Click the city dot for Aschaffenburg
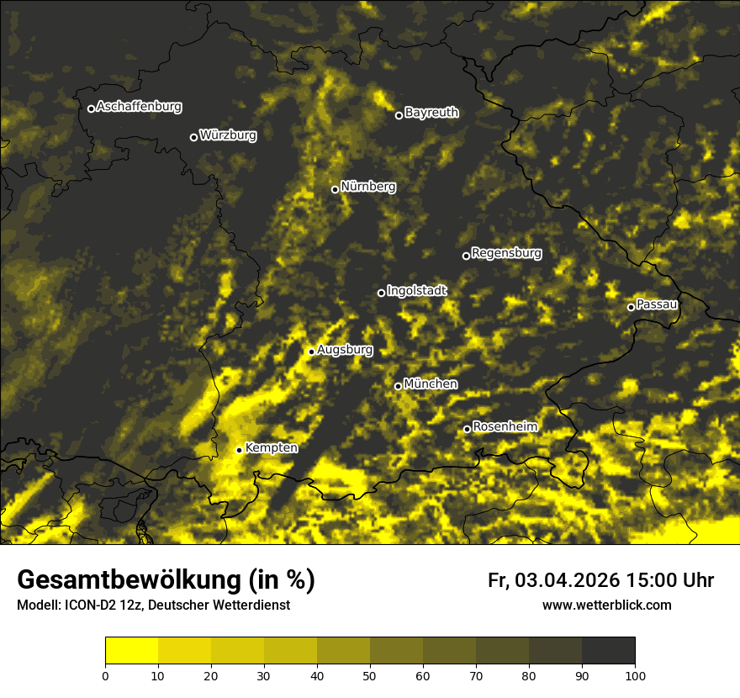pos(91,108)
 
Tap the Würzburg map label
pos(228,135)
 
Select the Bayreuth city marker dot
pos(399,115)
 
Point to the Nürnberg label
pos(368,187)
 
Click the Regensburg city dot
pos(466,256)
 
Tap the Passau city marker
pos(631,307)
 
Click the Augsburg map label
pos(345,350)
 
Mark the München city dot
pos(399,386)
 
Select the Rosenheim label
pos(505,426)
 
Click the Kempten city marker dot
pos(240,450)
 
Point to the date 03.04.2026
pos(567,580)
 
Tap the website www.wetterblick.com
pos(607,605)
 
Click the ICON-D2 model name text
pos(89,605)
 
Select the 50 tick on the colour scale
pos(370,675)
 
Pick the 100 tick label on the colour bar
pos(635,675)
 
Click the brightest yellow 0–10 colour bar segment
pos(131,651)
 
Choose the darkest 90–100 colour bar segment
pos(608,651)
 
